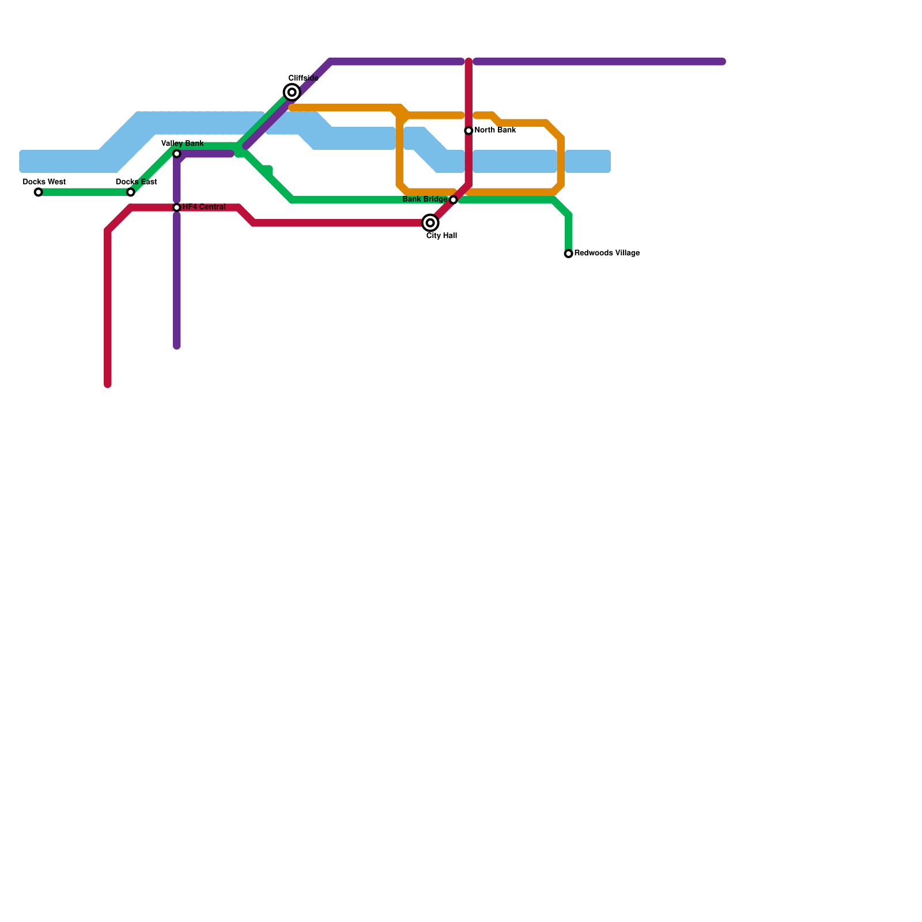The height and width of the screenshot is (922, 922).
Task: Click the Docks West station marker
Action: point(38,192)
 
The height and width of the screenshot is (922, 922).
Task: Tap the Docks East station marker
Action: point(131,192)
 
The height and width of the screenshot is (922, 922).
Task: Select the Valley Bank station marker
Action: point(177,154)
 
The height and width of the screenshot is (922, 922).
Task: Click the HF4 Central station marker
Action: point(177,207)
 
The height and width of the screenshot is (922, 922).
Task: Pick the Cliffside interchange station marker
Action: point(292,92)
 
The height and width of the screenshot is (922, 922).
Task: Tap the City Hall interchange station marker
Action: point(430,223)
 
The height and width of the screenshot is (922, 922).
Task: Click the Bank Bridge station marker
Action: point(454,200)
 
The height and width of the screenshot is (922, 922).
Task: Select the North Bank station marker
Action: point(469,131)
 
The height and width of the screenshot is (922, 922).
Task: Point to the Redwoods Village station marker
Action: point(569,254)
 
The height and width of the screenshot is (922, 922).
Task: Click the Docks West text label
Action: point(44,182)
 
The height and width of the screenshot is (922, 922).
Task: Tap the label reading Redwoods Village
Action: point(607,254)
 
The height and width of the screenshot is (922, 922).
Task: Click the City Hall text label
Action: point(442,236)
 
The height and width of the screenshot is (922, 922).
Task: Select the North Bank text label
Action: point(495,130)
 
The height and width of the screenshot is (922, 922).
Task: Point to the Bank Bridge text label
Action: point(425,200)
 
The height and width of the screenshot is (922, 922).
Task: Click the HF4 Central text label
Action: point(204,207)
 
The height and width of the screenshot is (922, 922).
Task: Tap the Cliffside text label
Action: point(304,78)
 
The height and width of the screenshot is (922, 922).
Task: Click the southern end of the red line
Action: point(108,384)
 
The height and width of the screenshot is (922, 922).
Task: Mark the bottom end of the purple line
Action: point(177,346)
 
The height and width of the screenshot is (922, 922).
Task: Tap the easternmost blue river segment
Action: point(588,161)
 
